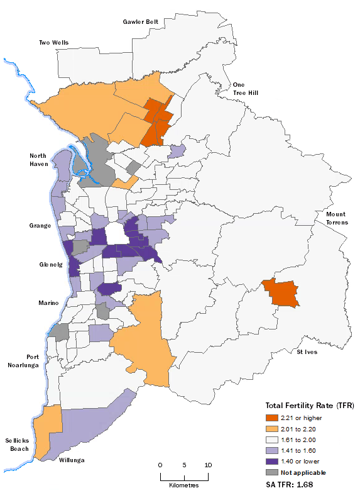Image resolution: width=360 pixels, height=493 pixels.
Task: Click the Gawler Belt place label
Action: pyautogui.click(x=139, y=21)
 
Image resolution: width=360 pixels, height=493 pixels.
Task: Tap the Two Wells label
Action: pyautogui.click(x=54, y=43)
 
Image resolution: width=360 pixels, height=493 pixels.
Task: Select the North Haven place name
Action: pyautogui.click(x=40, y=160)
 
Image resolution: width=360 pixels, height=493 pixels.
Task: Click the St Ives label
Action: pyautogui.click(x=307, y=352)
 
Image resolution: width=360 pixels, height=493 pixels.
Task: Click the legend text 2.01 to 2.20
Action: pyautogui.click(x=302, y=429)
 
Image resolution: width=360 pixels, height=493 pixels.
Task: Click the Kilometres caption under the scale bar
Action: pyautogui.click(x=183, y=485)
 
